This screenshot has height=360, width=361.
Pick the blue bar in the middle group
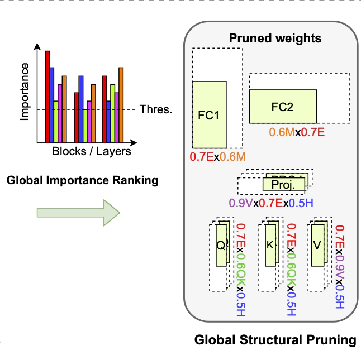point(81,108)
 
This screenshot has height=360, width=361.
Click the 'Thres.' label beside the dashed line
point(155,109)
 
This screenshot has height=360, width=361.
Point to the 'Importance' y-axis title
point(25,92)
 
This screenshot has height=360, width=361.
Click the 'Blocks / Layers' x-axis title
point(92,151)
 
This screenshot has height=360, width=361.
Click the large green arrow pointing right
point(78,212)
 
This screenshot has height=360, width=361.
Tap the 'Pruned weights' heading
point(275,39)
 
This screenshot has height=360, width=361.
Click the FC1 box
point(209,114)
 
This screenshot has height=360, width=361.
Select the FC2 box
point(282,107)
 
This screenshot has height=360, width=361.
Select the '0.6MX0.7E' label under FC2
point(297,133)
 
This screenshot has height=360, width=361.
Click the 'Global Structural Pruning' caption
point(275,340)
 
